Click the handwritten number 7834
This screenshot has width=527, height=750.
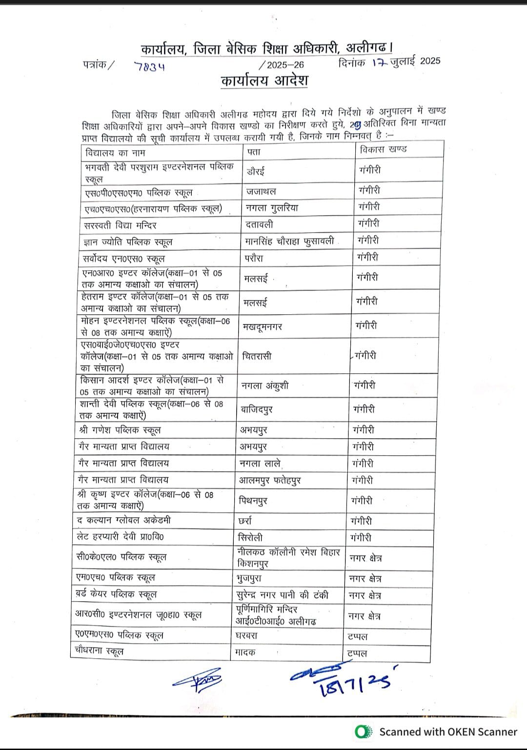coord(150,66)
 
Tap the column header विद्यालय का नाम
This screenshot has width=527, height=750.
coord(116,153)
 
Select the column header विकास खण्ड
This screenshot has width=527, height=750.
coord(383,149)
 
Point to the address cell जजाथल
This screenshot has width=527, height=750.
coord(262,191)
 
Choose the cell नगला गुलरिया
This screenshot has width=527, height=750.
coord(272,208)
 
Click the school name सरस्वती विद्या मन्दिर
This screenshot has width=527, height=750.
coord(121,225)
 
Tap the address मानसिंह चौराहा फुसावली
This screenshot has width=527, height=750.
coord(290,241)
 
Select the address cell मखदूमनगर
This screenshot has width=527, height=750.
coord(262,327)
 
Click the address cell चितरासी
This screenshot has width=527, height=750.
coord(257,356)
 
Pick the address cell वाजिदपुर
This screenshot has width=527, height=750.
coord(257,409)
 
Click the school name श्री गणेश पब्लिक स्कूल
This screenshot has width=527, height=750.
coord(120,430)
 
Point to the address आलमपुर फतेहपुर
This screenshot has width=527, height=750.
coord(269,480)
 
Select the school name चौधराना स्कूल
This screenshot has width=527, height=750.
coord(99,651)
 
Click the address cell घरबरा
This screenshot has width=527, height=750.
coord(246,636)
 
